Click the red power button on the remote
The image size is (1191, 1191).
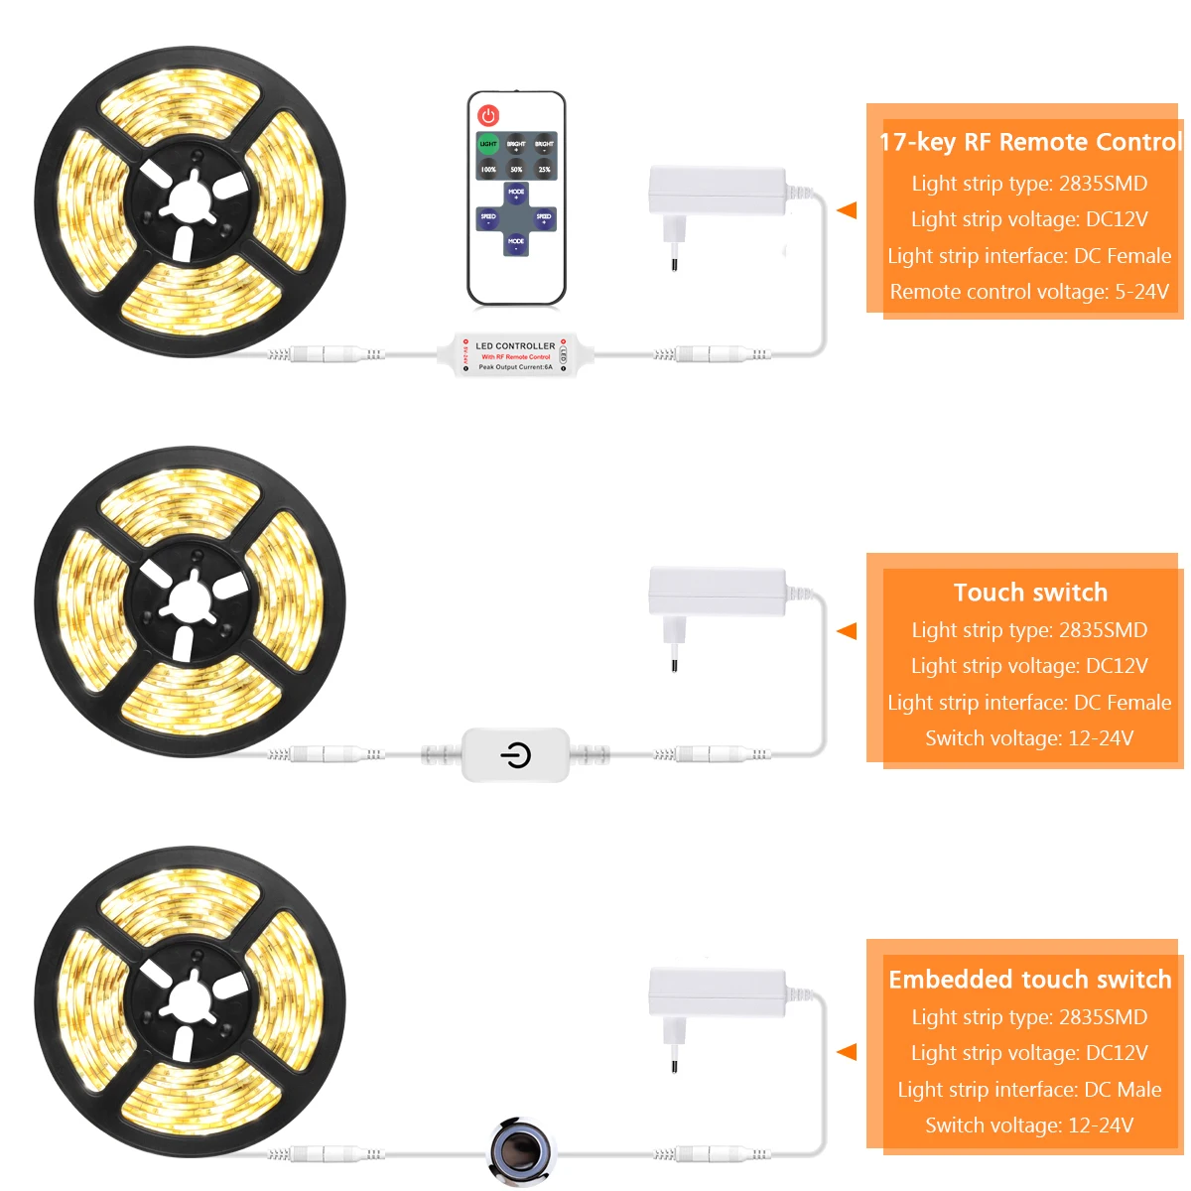click(x=488, y=116)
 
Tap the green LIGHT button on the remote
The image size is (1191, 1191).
click(x=488, y=145)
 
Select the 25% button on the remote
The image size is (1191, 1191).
click(x=544, y=170)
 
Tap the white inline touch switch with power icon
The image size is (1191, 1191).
click(x=515, y=755)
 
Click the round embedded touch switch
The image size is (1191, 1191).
click(x=519, y=1151)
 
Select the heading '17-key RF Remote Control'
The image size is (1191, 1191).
click(x=1030, y=142)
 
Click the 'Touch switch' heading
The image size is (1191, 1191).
click(x=1030, y=593)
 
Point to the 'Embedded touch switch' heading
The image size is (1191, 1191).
click(x=1030, y=980)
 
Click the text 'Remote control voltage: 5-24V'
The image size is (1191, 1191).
click(x=1029, y=292)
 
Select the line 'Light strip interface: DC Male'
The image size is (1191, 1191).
click(x=1029, y=1090)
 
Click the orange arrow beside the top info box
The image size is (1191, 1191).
click(x=847, y=210)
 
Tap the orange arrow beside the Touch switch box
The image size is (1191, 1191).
click(x=847, y=631)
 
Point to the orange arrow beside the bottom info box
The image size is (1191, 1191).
click(x=847, y=1052)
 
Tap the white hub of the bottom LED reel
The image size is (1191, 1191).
click(x=189, y=1001)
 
